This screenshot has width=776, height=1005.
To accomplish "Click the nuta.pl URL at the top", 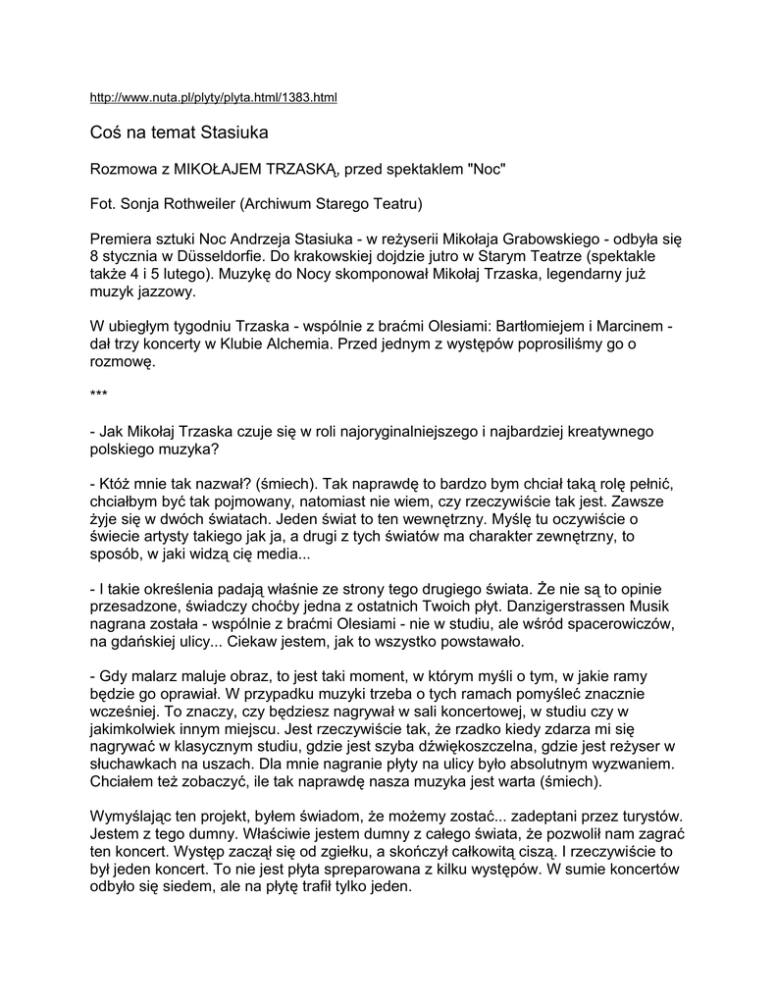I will pos(213,98).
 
